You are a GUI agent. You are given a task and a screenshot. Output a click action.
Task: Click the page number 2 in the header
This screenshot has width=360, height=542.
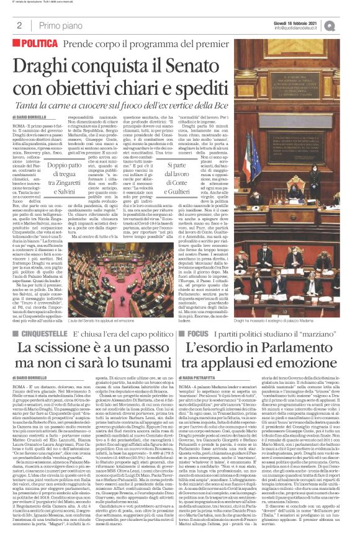(19, 25)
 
